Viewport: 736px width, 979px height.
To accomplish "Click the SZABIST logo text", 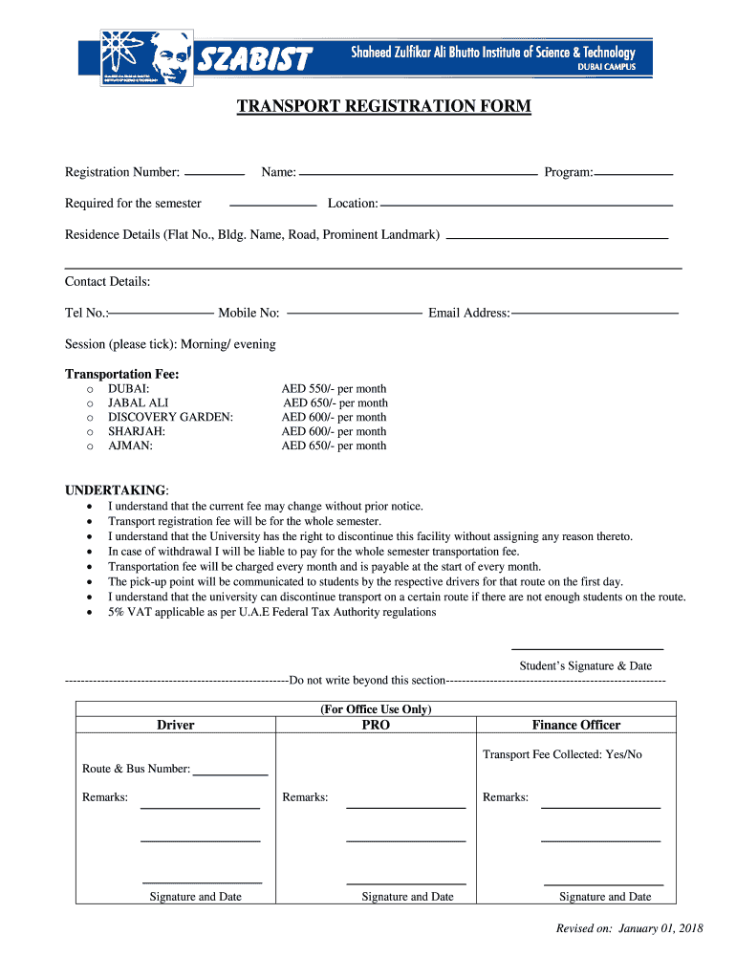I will pyautogui.click(x=255, y=60).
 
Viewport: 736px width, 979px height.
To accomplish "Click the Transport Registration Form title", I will pyautogui.click(x=383, y=106).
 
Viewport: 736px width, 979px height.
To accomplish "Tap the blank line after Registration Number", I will pyautogui.click(x=213, y=174).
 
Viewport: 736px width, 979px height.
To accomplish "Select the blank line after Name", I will pyautogui.click(x=418, y=174).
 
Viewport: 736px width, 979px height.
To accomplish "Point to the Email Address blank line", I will pyautogui.click(x=595, y=313).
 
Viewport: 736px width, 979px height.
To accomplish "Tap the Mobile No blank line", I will pyautogui.click(x=354, y=313).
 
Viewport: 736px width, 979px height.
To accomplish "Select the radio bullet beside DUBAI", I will pyautogui.click(x=90, y=390).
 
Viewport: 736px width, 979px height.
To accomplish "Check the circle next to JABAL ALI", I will pyautogui.click(x=90, y=404).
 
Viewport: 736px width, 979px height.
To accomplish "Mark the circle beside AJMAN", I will pyautogui.click(x=90, y=446).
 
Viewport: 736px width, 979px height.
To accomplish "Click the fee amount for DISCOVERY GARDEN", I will pyautogui.click(x=334, y=417).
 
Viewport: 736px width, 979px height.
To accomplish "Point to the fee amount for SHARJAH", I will pyautogui.click(x=334, y=431).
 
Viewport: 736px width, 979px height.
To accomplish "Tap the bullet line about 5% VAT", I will pyautogui.click(x=271, y=612).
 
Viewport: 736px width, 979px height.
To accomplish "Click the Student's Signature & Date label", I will pyautogui.click(x=585, y=665).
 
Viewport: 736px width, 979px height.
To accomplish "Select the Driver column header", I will pyautogui.click(x=175, y=725).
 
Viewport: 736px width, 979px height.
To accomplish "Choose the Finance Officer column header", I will pyautogui.click(x=575, y=725).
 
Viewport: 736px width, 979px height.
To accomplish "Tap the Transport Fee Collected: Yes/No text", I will pyautogui.click(x=562, y=754).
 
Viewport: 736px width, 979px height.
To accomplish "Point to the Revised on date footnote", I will pyautogui.click(x=629, y=928).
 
